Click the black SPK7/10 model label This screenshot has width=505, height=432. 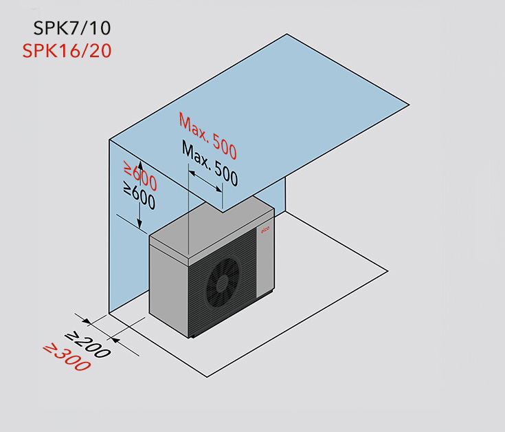(72, 28)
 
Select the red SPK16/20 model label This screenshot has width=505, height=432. (67, 51)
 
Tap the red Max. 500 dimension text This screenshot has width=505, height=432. (208, 136)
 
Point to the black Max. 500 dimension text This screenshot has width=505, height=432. (210, 163)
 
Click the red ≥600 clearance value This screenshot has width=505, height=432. (141, 175)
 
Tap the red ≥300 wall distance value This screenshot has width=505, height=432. (67, 358)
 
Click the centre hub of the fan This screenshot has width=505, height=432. (222, 283)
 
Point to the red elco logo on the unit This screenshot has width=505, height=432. (265, 230)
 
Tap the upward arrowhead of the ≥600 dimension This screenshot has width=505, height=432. (140, 166)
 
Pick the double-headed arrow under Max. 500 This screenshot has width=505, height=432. (205, 181)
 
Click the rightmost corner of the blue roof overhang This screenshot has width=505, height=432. (409, 105)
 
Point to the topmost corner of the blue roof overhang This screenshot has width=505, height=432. (287, 34)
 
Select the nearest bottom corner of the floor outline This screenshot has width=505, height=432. (207, 377)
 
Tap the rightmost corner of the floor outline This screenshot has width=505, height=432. (388, 272)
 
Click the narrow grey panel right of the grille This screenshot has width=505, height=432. (265, 259)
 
